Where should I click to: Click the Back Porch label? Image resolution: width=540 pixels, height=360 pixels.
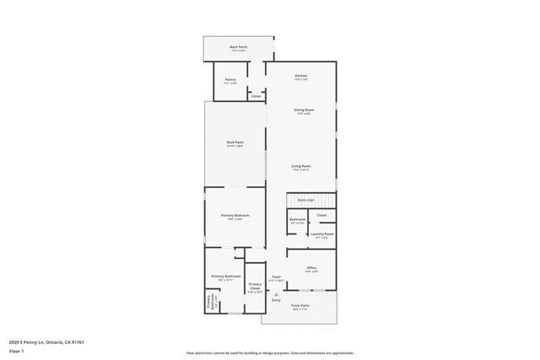[x=239, y=47]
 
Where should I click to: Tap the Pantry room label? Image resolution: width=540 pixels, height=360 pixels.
[x=230, y=80]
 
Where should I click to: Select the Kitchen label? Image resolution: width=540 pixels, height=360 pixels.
[x=301, y=76]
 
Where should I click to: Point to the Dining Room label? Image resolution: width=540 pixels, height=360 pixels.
[x=305, y=110]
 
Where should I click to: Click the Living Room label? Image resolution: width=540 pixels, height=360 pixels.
[x=301, y=166]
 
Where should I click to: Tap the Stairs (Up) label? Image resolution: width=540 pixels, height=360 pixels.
[x=305, y=200]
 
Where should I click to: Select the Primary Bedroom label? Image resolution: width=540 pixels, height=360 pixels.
[x=235, y=216]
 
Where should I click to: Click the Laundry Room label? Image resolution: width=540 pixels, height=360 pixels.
[x=322, y=234]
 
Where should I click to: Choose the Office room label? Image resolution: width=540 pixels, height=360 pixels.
[x=311, y=268]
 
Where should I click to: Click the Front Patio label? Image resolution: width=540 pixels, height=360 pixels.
[x=300, y=305]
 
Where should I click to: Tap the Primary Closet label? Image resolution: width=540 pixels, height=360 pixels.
[x=256, y=287]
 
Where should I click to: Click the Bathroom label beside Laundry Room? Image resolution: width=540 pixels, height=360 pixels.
[x=297, y=219]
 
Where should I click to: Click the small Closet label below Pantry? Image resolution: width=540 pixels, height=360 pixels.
[x=256, y=96]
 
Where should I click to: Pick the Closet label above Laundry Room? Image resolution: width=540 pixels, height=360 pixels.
[x=321, y=215]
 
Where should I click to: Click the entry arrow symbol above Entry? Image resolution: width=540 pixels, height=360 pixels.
[x=276, y=293]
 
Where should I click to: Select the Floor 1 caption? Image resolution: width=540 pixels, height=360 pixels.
[x=16, y=352]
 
